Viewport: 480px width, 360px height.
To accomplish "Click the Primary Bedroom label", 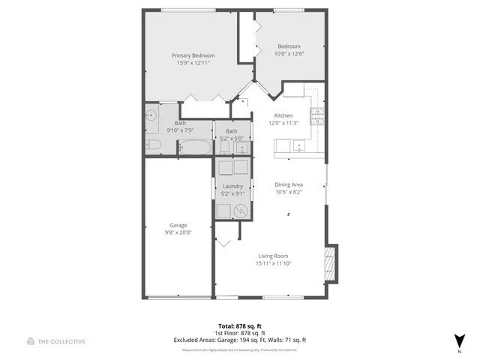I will (x=193, y=55).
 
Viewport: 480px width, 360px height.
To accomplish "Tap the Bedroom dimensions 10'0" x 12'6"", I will (x=289, y=53).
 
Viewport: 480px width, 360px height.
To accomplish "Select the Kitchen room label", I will (x=283, y=115).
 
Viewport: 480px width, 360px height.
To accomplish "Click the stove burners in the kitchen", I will (x=317, y=115).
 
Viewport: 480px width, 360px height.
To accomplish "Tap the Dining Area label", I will (x=289, y=184).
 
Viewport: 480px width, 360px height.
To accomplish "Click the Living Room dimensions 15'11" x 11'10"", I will (x=273, y=263).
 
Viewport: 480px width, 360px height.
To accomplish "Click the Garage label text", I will (x=178, y=225).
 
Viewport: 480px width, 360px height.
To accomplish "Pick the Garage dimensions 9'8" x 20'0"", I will (x=178, y=232).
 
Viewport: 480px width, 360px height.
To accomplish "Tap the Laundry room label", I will (x=232, y=186).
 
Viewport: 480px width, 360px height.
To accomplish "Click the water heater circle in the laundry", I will (x=240, y=211).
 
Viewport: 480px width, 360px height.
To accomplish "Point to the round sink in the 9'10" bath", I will (x=151, y=115).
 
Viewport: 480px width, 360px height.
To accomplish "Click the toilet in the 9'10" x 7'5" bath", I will (x=150, y=145).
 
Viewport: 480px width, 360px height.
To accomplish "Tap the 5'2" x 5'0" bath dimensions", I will (x=232, y=138).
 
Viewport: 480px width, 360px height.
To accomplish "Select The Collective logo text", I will (x=61, y=341).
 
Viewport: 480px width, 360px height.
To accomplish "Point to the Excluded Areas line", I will (x=240, y=340).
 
